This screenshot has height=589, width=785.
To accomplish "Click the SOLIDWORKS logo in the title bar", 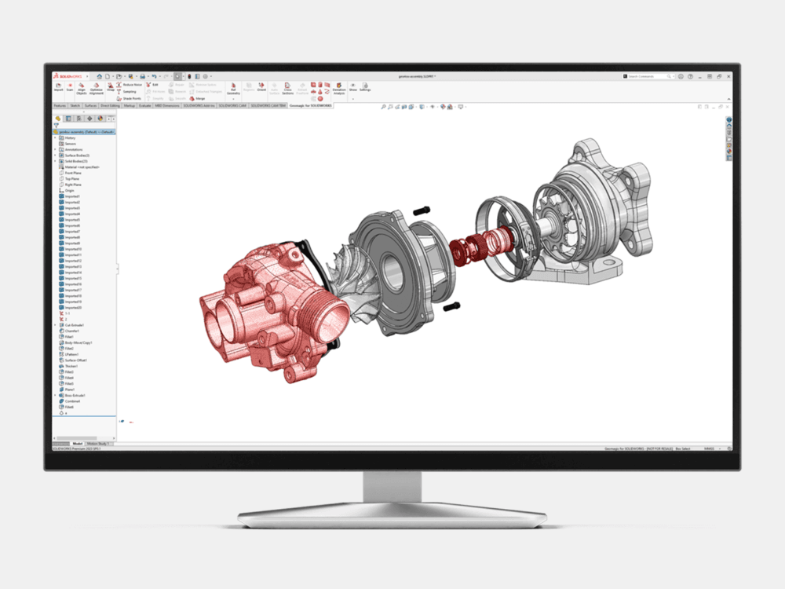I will [x=67, y=76].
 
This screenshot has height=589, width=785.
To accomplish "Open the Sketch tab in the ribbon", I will [x=75, y=104].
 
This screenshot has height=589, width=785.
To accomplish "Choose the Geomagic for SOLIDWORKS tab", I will [x=311, y=104].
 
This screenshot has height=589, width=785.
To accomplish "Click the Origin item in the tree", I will [x=70, y=190].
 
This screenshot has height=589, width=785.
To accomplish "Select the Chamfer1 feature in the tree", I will [x=73, y=331].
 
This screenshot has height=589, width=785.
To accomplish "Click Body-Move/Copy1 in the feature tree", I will [x=78, y=342].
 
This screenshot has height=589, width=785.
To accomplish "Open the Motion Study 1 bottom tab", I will [x=100, y=444].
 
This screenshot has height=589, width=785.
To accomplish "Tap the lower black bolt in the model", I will [x=450, y=307].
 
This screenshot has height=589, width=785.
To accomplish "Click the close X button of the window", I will [x=728, y=76].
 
